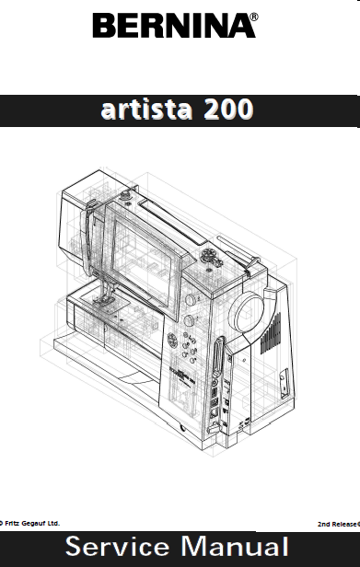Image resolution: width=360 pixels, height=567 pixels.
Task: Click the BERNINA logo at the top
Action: [x=174, y=26]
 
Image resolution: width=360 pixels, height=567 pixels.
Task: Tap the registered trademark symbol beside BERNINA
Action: [x=254, y=17]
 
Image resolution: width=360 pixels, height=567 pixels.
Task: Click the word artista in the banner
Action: [x=146, y=110]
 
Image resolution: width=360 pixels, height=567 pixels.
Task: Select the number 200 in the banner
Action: [x=228, y=110]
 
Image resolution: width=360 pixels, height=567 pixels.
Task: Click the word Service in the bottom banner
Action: [x=117, y=547]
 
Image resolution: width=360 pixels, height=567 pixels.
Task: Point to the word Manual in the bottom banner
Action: [x=235, y=547]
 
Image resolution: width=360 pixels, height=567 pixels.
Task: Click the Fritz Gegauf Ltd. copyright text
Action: [x=29, y=523]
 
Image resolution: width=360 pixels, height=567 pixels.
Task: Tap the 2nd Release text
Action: [x=339, y=524]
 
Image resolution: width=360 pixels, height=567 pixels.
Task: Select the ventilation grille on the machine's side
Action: [x=271, y=333]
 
